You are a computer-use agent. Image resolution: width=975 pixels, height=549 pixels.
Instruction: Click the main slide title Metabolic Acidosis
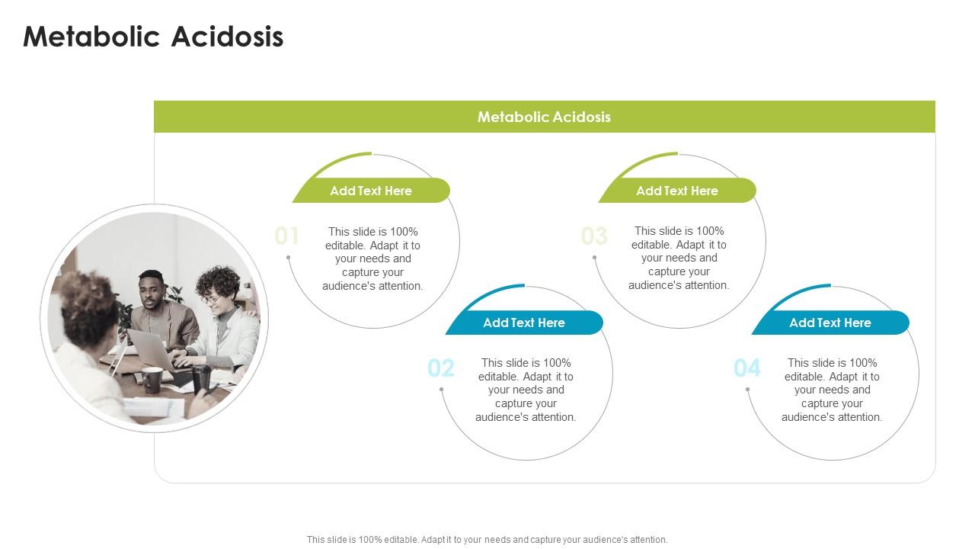pos(153,37)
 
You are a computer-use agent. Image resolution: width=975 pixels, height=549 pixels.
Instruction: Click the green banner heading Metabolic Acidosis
pos(544,117)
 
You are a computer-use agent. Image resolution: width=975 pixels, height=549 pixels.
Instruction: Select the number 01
pos(287,236)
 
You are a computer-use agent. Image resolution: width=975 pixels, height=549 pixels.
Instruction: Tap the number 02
pos(441,368)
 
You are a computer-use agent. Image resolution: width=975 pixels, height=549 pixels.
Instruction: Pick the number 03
pos(594,236)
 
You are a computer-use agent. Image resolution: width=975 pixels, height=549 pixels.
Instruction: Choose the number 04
pos(747,368)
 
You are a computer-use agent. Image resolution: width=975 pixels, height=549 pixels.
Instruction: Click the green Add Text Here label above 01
pos(371,191)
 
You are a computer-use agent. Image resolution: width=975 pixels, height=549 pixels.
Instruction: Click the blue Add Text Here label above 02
pos(524,323)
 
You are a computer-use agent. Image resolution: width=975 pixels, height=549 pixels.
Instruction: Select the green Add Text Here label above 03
pos(677,191)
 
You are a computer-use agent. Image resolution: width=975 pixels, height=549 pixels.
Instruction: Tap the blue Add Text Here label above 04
pos(830,323)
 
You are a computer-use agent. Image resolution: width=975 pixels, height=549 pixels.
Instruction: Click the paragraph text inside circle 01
pos(372,258)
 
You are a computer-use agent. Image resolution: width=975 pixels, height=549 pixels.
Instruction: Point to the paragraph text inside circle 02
pos(526,390)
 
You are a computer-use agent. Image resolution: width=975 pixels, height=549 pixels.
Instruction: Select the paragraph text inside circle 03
pos(679,258)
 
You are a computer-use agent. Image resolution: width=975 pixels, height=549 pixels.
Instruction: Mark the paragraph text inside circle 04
pos(832,390)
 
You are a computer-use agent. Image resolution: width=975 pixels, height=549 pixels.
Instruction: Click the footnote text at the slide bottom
pos(487,539)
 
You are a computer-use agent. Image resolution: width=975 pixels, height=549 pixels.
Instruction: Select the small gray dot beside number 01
pos(289,258)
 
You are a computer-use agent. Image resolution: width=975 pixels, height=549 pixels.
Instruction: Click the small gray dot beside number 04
pos(748,390)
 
